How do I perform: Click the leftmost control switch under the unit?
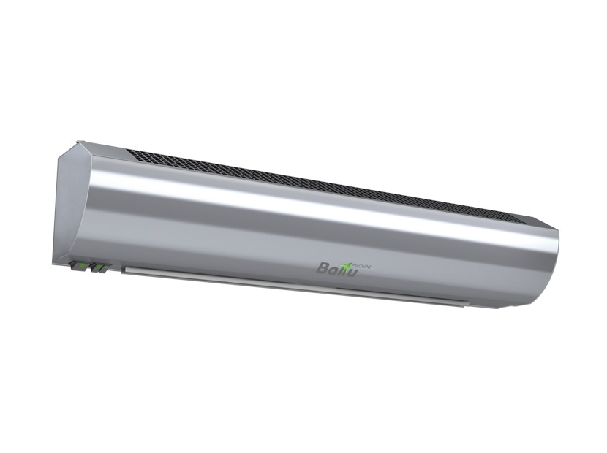(x=79, y=266)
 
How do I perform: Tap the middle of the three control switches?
(x=96, y=267)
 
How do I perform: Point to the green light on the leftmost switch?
(x=82, y=265)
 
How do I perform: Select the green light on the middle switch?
(x=99, y=267)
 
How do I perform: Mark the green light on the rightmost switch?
(x=107, y=267)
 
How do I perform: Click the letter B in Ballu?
(x=323, y=267)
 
